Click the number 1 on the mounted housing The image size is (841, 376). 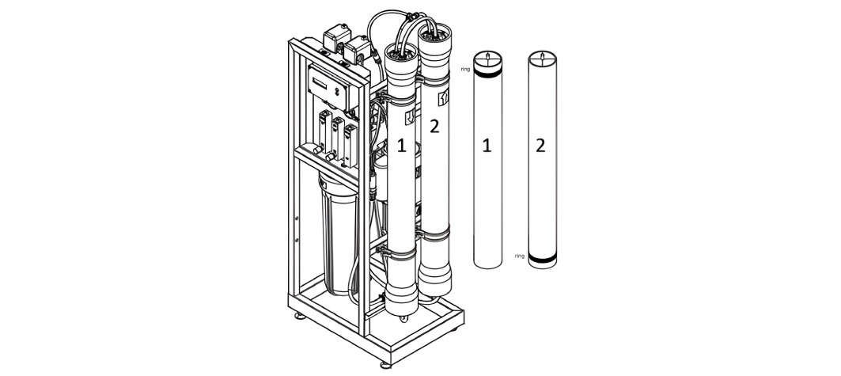tap(401, 146)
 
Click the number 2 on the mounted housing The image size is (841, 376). tap(434, 127)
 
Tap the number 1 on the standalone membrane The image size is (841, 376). tap(487, 146)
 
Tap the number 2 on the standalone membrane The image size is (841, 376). tap(540, 146)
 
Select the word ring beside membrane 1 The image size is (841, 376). tap(465, 69)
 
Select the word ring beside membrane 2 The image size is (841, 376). tap(519, 256)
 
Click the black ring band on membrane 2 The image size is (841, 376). tap(542, 259)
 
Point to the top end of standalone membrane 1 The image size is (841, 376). tap(487, 58)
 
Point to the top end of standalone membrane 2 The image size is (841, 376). tap(542, 58)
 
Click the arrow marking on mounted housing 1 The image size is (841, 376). tap(409, 116)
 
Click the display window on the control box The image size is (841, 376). tap(320, 83)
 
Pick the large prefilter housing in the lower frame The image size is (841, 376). tap(339, 236)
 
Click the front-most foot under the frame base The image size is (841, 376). tap(385, 365)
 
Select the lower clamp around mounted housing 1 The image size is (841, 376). tap(399, 252)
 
